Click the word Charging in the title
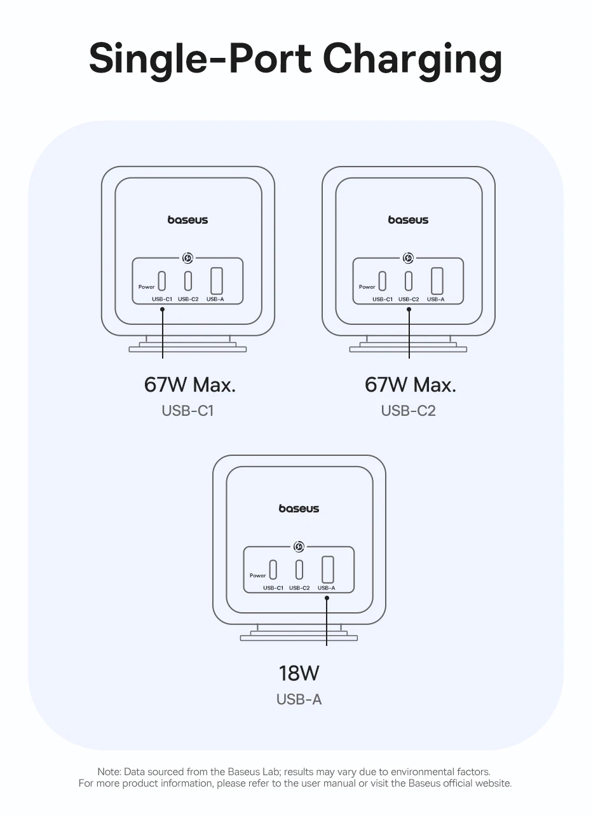pos(412,60)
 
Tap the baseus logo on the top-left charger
pos(187,220)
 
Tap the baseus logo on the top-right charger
pos(408,220)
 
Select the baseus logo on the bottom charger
pos(299,509)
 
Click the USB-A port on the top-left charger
pos(216,280)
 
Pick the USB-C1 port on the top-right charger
pos(382,280)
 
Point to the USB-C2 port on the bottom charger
pos(299,569)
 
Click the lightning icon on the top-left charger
pos(187,258)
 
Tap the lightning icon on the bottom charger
pos(299,547)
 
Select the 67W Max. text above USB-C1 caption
pos(189,385)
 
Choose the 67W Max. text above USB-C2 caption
pos(410,385)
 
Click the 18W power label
pos(299,673)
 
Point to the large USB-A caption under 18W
pos(299,699)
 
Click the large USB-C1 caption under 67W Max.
pos(187,411)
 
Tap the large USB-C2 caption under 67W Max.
pos(408,411)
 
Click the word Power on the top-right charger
pos(367,287)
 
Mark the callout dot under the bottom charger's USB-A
pos(327,598)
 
